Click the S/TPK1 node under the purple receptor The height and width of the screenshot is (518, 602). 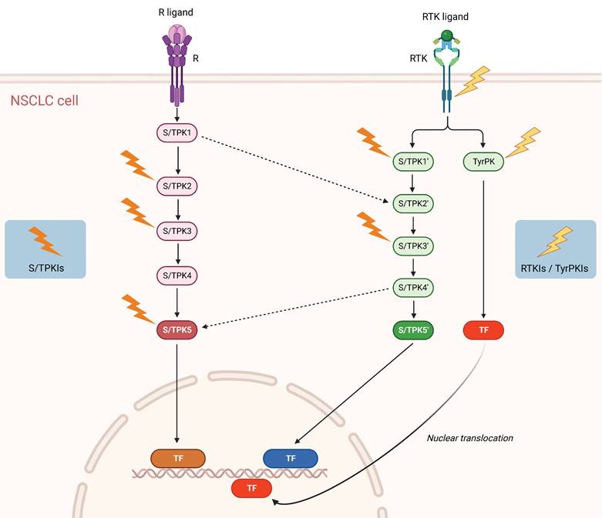(x=178, y=135)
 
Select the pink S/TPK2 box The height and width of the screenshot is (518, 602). (x=178, y=186)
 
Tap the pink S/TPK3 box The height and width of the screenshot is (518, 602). (x=178, y=230)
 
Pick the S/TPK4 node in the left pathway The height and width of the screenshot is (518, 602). (x=178, y=275)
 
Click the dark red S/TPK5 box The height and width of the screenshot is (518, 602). (x=178, y=329)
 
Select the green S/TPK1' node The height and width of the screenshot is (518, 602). (x=415, y=162)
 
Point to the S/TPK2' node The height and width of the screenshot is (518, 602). (x=415, y=204)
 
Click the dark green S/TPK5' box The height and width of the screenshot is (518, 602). (x=415, y=330)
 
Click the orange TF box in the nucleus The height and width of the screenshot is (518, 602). (x=177, y=458)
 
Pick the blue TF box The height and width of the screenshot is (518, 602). (x=291, y=458)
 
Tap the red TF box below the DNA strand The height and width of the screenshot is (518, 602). (x=251, y=487)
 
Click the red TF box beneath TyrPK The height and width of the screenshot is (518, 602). (x=483, y=330)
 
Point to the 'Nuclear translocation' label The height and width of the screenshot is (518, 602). (x=470, y=438)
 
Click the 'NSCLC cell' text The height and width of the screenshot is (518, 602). (x=44, y=100)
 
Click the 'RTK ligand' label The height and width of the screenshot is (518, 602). (x=446, y=16)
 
